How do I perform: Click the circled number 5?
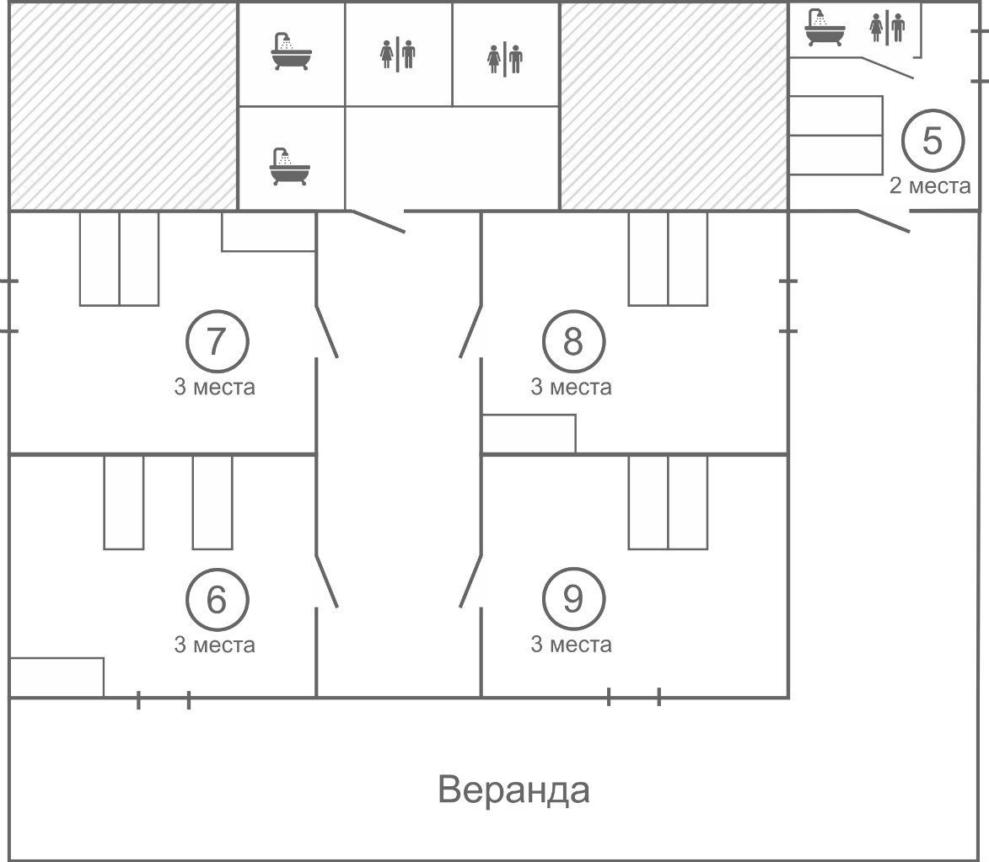pos(932,142)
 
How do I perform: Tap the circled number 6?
pos(217,599)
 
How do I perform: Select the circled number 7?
pos(217,341)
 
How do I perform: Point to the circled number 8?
pos(572,341)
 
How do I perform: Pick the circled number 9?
pos(572,599)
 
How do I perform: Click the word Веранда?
pos(513,790)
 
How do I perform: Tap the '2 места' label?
pos(930,186)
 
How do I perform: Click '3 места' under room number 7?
pos(214,388)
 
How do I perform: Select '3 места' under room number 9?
pos(571,645)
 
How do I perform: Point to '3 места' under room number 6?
pos(214,645)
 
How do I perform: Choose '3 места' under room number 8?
pos(571,388)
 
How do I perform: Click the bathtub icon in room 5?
pos(824,29)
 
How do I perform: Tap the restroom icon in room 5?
pos(887,28)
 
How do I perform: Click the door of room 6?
pos(326,581)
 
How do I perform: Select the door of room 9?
pos(470,581)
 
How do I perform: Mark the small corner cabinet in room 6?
pos(56,677)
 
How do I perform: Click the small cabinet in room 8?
pos(529,434)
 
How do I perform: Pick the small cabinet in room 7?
pos(268,232)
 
